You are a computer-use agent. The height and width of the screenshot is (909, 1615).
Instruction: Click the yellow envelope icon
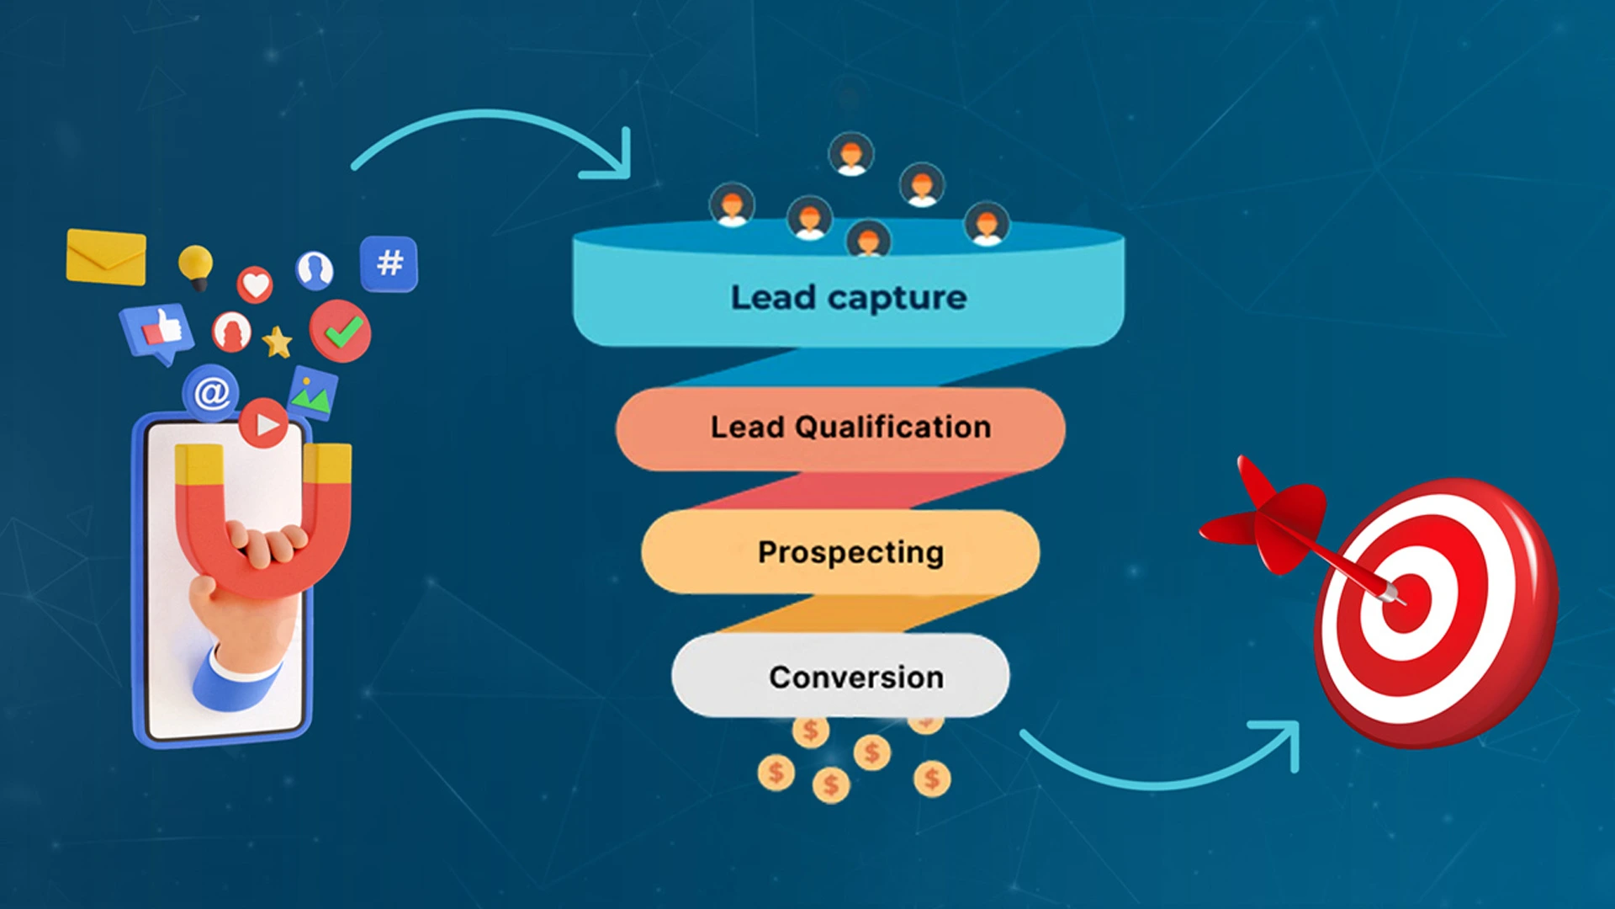pos(106,257)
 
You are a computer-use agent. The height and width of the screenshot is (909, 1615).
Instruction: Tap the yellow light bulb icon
pos(196,266)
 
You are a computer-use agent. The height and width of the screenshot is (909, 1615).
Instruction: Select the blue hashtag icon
pos(389,263)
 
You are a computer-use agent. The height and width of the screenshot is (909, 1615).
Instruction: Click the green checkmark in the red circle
pos(341,331)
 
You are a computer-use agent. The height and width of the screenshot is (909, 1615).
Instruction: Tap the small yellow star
pos(277,343)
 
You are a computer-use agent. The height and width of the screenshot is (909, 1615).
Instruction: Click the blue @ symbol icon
pos(211,392)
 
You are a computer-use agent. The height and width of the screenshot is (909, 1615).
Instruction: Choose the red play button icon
pos(264,423)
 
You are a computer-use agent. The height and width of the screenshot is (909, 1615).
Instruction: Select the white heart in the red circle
pos(255,284)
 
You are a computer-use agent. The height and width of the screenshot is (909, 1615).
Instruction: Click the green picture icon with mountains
pos(313,393)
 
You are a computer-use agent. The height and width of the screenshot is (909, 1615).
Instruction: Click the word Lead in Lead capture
pos(773,297)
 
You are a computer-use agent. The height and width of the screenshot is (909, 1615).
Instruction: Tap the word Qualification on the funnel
pos(892,427)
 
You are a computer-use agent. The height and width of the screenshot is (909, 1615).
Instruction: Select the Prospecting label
pos(850,552)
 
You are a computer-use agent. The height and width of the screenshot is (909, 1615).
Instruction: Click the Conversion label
pos(855,677)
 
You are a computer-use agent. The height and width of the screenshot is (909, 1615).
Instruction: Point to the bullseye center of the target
pos(1406,601)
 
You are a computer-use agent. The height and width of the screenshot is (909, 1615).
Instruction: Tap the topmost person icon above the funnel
pos(851,154)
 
